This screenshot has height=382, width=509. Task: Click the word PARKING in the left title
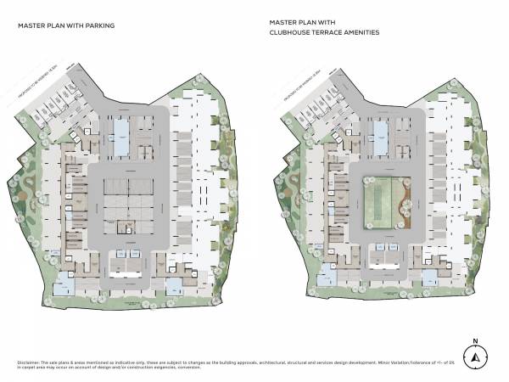pyautogui.click(x=99, y=25)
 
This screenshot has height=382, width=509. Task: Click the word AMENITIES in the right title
pyautogui.click(x=361, y=33)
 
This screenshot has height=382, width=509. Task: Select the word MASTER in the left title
pyautogui.click(x=31, y=25)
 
